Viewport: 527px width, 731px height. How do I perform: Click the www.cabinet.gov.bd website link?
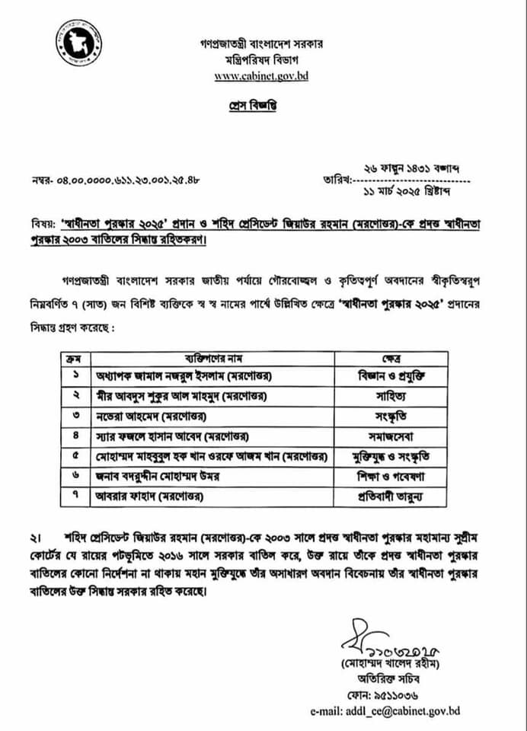pyautogui.click(x=261, y=75)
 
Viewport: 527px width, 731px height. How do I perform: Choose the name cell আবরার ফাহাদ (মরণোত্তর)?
pyautogui.click(x=147, y=498)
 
